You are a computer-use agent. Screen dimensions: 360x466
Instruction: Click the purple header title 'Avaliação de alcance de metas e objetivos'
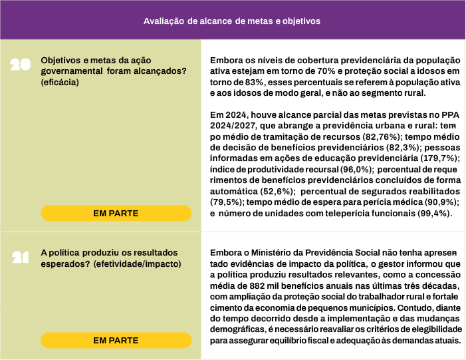[x=232, y=21]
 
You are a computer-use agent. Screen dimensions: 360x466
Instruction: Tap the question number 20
[x=21, y=65]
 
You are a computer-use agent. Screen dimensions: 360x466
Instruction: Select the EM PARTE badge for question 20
[x=116, y=213]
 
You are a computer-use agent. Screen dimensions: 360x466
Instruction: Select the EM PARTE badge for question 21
[x=116, y=340]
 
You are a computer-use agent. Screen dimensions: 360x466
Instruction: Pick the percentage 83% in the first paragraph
[x=253, y=82]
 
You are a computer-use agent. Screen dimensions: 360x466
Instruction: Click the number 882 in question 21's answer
[x=263, y=285]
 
